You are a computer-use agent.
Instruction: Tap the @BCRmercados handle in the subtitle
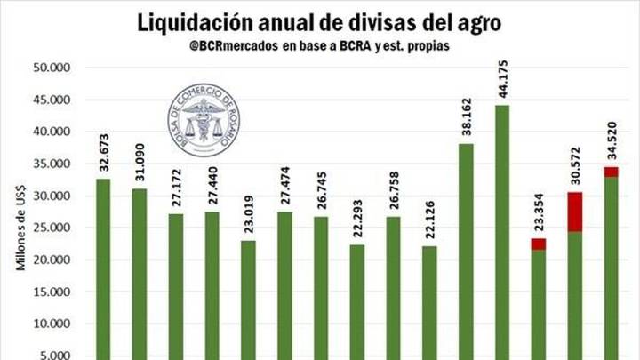tap(233, 46)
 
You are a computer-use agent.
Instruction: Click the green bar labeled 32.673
tap(103, 267)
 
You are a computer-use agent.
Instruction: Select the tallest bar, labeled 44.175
tap(502, 231)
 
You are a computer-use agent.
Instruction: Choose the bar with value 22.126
tap(429, 302)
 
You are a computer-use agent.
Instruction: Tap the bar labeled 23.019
tap(248, 298)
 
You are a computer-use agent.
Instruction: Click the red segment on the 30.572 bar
tap(575, 212)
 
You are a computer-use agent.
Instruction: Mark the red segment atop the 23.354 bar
tap(539, 244)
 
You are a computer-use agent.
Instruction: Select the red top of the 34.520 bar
tap(612, 172)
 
